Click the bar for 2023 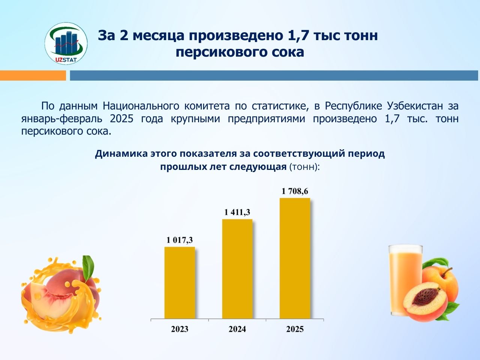(x=180, y=283)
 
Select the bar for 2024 (x=237, y=269)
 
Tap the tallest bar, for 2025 (x=295, y=258)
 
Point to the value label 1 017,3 (x=180, y=240)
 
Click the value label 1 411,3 (x=237, y=212)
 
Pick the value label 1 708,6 (x=295, y=191)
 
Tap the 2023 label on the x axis (x=180, y=329)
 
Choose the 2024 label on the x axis (x=237, y=329)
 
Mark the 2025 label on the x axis (x=295, y=329)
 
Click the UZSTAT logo (x=66, y=43)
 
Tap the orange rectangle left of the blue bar (x=33, y=75)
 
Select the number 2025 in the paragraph (x=121, y=119)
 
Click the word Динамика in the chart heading (x=121, y=154)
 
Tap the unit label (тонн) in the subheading (x=304, y=167)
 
